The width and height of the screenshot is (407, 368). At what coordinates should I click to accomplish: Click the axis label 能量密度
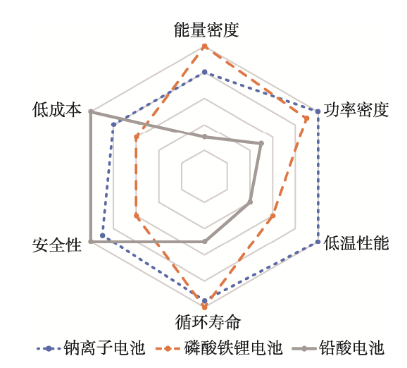[x=206, y=30]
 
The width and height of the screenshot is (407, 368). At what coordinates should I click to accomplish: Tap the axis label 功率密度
[x=356, y=109]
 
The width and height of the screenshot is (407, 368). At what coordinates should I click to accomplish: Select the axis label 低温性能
[x=356, y=243]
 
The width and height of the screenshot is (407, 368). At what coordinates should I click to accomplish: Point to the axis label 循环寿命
[x=208, y=322]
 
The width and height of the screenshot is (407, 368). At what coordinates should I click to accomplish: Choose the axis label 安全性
[x=57, y=245]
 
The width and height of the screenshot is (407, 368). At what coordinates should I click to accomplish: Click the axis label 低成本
[x=57, y=109]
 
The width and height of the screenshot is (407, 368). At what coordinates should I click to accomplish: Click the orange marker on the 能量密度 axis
[x=204, y=47]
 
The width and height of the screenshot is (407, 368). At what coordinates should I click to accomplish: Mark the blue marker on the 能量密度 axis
[x=204, y=72]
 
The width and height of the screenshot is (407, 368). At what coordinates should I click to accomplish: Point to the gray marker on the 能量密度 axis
[x=204, y=137]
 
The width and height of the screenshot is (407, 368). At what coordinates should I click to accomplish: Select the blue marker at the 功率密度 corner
[x=318, y=111]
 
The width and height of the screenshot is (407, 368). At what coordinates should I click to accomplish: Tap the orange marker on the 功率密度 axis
[x=306, y=118]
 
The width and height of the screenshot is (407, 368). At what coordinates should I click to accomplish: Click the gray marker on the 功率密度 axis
[x=261, y=143]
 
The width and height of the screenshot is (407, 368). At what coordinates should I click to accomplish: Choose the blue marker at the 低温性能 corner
[x=318, y=242]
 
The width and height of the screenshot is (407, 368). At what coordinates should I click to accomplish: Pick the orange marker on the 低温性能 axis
[x=273, y=216]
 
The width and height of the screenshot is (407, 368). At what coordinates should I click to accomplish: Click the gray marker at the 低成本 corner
[x=91, y=112]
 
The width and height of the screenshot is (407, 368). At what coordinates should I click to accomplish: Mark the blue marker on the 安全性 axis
[x=102, y=235]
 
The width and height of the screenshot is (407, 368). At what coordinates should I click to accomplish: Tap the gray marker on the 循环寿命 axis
[x=204, y=242]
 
